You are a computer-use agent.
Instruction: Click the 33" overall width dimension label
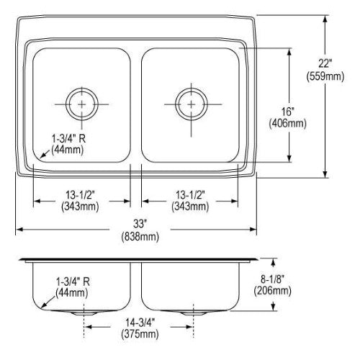click(x=140, y=224)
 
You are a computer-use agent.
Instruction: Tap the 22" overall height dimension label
click(x=325, y=63)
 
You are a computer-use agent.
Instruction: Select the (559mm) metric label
click(x=325, y=76)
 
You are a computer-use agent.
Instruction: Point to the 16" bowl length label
click(x=288, y=112)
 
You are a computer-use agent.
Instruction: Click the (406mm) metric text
click(x=288, y=124)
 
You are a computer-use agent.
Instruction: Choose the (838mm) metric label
click(x=140, y=237)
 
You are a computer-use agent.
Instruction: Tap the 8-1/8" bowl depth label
click(x=272, y=279)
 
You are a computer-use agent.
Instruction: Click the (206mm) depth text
click(x=273, y=291)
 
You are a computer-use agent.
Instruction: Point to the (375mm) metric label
click(x=140, y=335)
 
